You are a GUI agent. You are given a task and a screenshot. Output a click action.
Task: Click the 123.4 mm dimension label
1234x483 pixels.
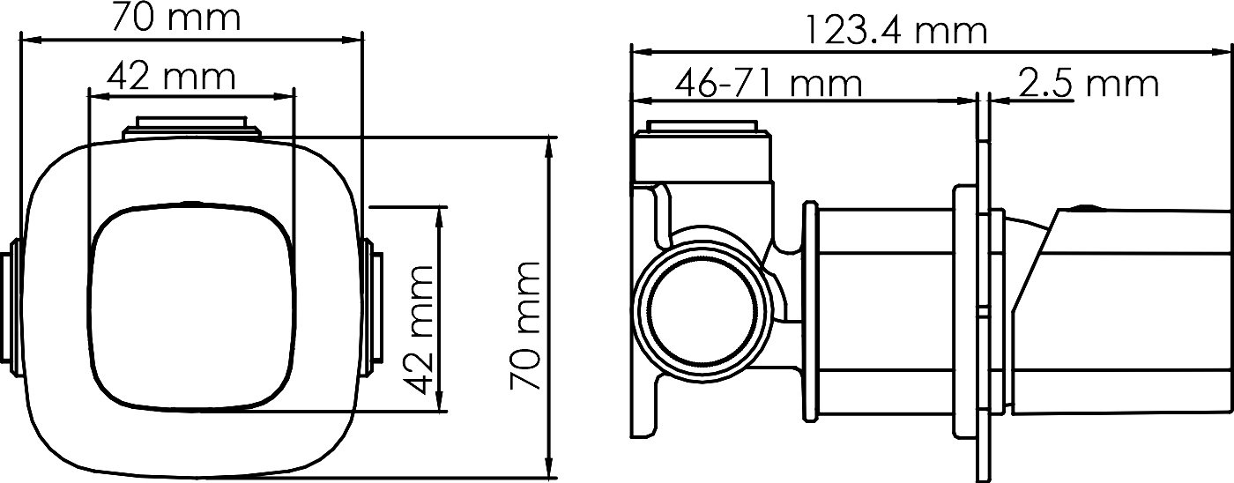click(896, 32)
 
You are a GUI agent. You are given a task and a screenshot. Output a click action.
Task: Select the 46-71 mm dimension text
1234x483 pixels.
click(769, 84)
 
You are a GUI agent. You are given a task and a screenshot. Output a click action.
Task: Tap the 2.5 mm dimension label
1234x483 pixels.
click(1088, 82)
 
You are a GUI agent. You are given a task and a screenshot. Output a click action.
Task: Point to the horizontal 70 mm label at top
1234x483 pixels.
click(176, 17)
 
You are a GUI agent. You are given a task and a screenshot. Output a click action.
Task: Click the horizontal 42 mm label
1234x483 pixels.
click(171, 76)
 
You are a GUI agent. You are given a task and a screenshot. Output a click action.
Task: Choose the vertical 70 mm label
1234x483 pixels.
click(525, 326)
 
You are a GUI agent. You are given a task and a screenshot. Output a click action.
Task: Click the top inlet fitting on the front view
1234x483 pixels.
click(191, 128)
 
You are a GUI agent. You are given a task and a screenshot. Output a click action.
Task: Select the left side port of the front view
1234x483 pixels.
click(11, 308)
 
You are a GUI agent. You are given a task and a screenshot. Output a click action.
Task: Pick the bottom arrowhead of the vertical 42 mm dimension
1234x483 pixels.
click(439, 399)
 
